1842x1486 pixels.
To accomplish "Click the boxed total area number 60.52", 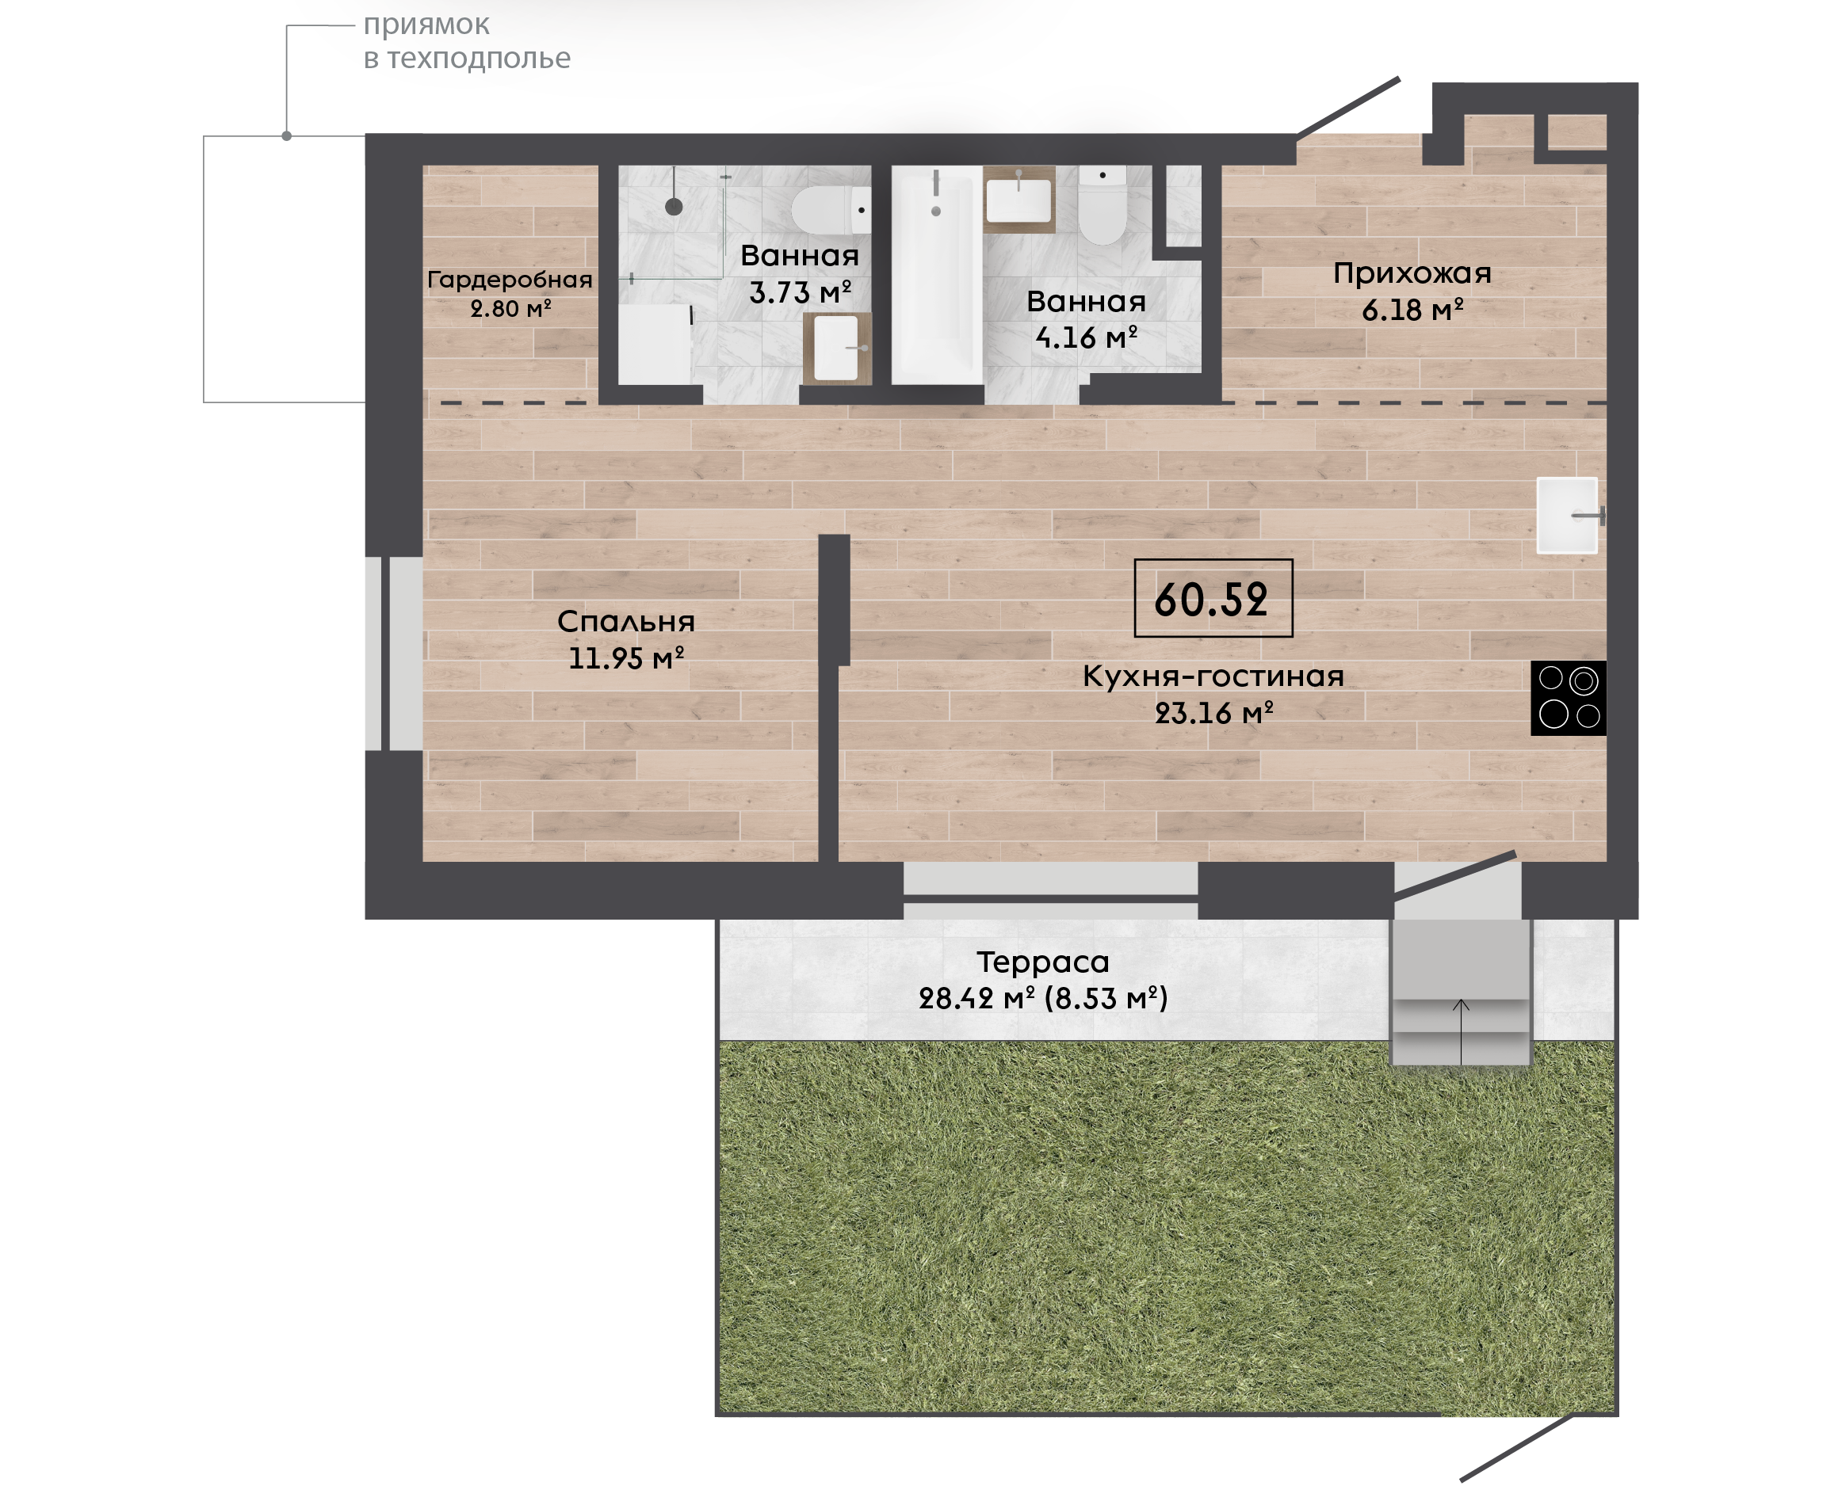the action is [1212, 599].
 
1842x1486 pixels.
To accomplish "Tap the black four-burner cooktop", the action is [1569, 699].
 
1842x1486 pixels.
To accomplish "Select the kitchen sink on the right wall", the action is [1569, 516].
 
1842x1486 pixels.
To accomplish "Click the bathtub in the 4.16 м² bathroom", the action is [938, 276].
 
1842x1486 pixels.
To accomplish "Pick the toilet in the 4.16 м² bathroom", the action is [1103, 205].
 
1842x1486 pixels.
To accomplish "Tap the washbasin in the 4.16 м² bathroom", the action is [1019, 200].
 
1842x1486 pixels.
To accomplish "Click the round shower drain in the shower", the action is [674, 206].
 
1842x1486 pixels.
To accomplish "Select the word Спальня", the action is [626, 622].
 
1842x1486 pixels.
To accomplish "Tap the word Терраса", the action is [1043, 962].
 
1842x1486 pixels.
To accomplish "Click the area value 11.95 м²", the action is [626, 658].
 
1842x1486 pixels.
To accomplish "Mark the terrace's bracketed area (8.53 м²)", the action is [1106, 998].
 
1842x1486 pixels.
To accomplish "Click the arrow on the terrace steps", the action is [1461, 1032].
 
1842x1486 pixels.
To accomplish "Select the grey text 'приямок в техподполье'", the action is [467, 41].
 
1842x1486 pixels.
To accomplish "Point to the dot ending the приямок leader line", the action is [287, 136].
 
